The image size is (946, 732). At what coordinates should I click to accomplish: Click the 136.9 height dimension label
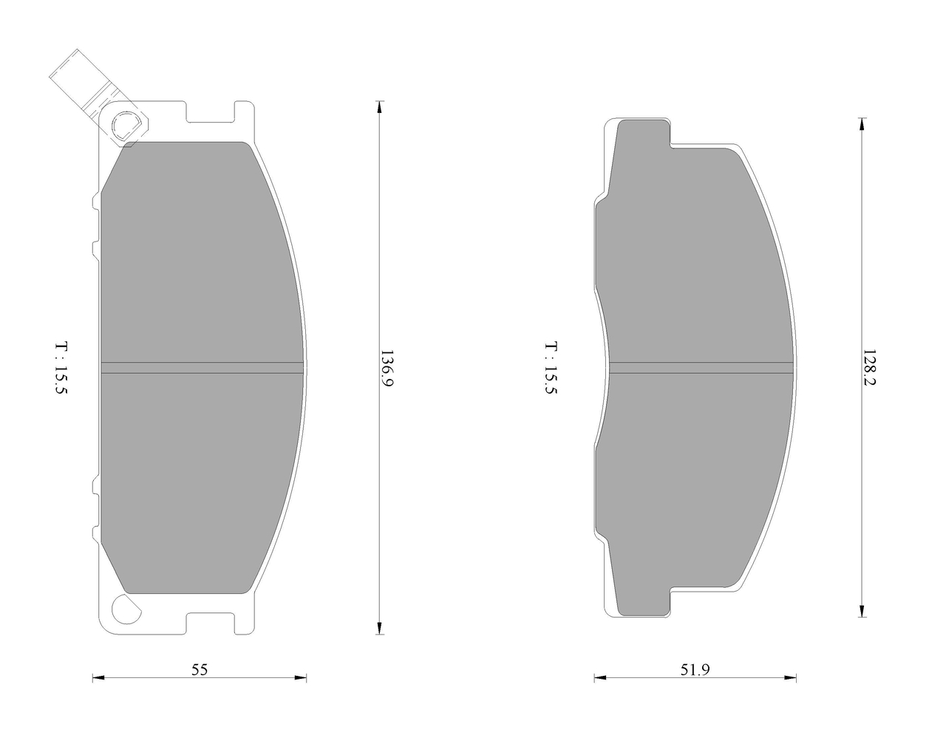(387, 368)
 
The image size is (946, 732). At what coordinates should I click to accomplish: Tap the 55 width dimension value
(200, 669)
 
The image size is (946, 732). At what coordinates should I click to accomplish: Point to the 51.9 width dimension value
(695, 669)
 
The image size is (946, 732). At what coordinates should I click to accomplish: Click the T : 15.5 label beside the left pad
(62, 368)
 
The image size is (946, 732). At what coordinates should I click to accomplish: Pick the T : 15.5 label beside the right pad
(551, 368)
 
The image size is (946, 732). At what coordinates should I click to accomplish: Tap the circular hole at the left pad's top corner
(126, 126)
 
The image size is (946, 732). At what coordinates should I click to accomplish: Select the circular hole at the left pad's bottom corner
(126, 609)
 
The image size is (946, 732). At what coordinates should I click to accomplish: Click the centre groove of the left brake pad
(202, 368)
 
